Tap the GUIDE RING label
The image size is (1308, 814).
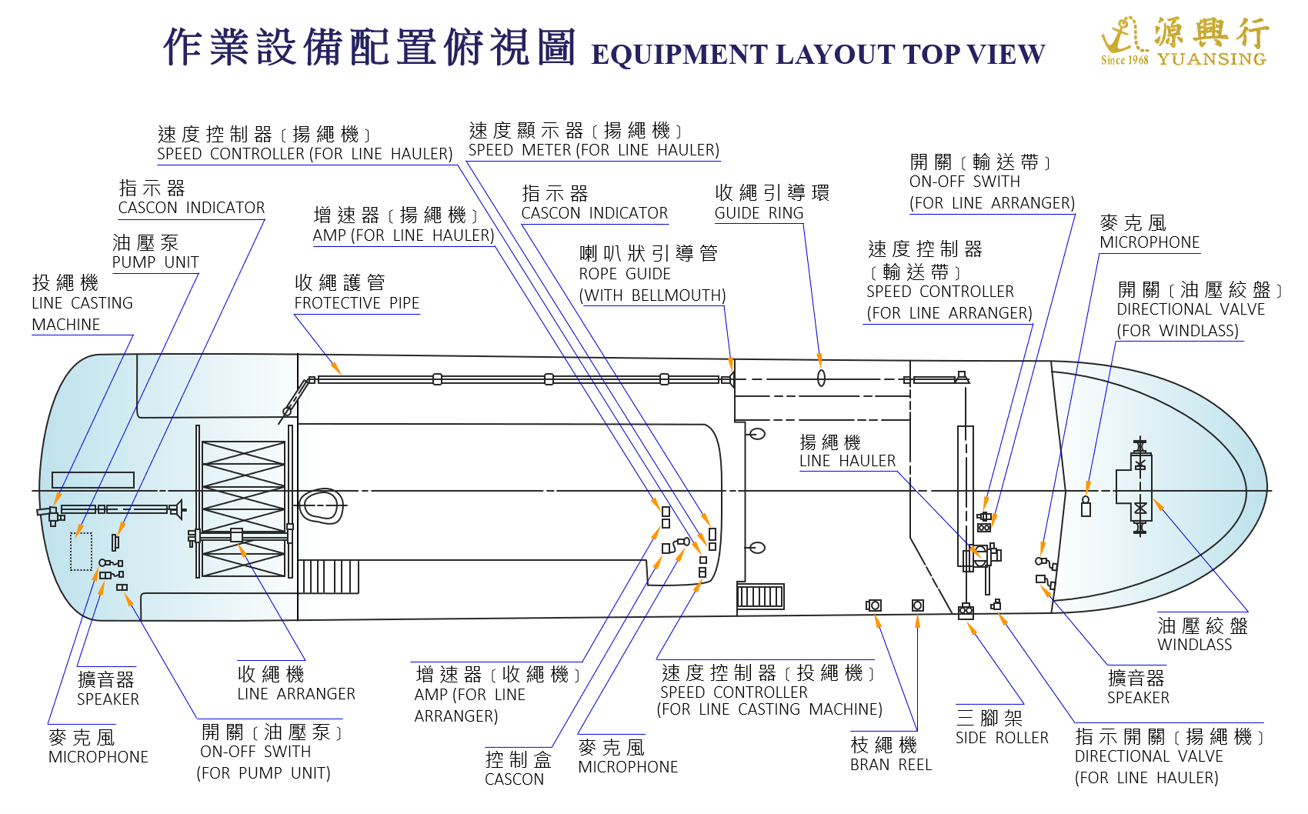tap(759, 213)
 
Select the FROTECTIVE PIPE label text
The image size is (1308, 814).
tap(356, 303)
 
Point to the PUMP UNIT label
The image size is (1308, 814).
tap(155, 262)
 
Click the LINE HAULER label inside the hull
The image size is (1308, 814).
tap(847, 461)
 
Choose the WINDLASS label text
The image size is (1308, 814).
tap(1194, 645)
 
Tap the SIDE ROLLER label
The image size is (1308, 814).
tap(1002, 738)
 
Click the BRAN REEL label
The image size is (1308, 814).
tap(891, 765)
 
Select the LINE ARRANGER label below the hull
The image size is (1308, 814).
tap(296, 694)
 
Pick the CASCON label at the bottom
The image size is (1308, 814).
tap(514, 779)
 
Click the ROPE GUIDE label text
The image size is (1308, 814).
tap(625, 274)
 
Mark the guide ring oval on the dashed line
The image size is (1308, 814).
tap(821, 378)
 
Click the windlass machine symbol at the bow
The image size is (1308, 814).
tap(1139, 486)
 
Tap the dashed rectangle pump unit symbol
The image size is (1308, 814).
tap(81, 551)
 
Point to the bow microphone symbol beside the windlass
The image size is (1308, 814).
tap(1086, 506)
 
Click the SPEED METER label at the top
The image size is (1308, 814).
tap(593, 150)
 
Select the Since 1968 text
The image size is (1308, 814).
tap(1124, 60)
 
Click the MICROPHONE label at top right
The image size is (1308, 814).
tap(1150, 242)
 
